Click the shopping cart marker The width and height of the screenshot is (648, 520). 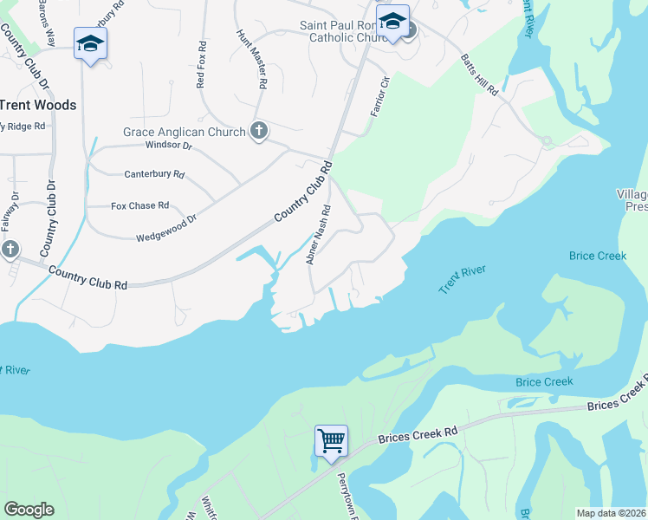click(x=331, y=442)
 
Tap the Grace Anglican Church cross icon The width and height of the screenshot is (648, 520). click(x=257, y=132)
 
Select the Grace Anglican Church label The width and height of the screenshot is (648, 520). click(x=183, y=132)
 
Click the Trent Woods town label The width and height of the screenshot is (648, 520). click(x=37, y=105)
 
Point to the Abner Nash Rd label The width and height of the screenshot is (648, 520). click(x=318, y=235)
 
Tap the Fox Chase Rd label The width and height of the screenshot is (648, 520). click(x=139, y=206)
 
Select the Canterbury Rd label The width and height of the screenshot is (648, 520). click(x=155, y=174)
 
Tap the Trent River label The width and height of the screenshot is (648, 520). click(x=464, y=279)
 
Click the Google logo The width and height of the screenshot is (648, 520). click(x=29, y=510)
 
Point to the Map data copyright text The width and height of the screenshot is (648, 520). click(x=611, y=513)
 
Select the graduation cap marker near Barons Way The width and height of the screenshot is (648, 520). click(x=89, y=44)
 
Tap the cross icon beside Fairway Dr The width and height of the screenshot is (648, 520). click(x=10, y=250)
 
